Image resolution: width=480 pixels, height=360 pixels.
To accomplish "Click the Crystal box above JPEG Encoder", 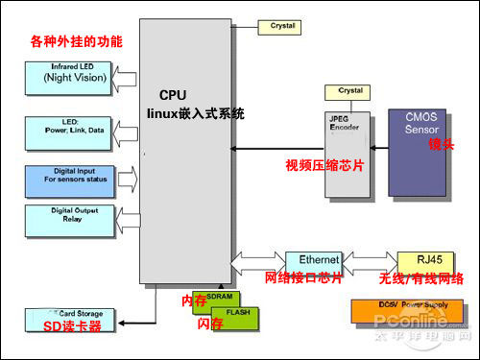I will [x=349, y=91].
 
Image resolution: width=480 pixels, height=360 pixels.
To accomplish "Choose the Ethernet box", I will [x=312, y=260].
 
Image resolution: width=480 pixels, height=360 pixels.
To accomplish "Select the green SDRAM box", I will [x=218, y=298].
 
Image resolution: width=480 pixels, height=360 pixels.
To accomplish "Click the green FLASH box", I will [x=234, y=314].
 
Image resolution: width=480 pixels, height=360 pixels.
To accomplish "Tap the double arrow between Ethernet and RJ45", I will [x=369, y=260].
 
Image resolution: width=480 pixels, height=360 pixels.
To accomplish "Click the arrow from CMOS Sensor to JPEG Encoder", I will [x=375, y=148].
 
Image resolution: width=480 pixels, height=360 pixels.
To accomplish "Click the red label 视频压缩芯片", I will [x=324, y=166].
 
